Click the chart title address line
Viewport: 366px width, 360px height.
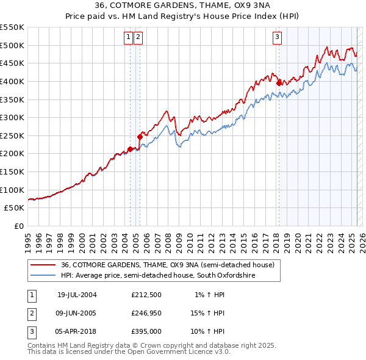coord(183,5)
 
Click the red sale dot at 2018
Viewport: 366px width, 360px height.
coord(279,83)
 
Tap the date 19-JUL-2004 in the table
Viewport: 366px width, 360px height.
coord(77,295)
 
